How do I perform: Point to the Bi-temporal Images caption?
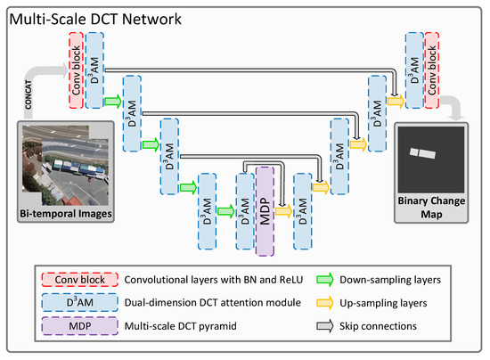65,213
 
